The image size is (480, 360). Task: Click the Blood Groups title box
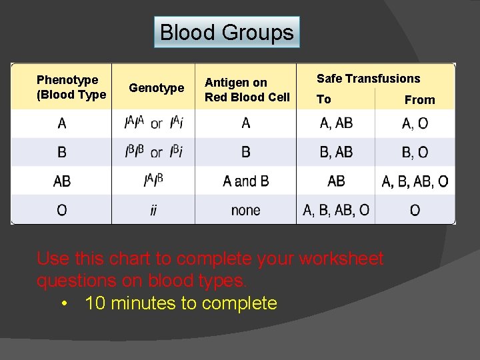227,32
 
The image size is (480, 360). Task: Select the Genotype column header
156,88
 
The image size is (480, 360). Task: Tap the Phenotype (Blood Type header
71,87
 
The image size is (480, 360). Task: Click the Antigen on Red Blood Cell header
247,90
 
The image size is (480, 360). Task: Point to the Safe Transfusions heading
368,79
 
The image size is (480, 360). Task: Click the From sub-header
419,100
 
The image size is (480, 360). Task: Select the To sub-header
323,99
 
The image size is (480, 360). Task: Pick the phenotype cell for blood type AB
62,181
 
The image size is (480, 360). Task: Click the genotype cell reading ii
153,211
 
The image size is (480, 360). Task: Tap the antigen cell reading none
245,211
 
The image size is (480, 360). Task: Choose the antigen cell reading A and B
245,181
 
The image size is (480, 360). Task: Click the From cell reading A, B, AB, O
415,181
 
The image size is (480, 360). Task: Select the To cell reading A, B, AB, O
336,211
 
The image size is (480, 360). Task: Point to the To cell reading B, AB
336,152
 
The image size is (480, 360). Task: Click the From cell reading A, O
415,123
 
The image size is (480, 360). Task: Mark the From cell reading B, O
415,153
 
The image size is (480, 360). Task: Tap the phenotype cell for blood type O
62,211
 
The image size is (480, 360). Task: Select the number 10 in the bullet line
95,303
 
